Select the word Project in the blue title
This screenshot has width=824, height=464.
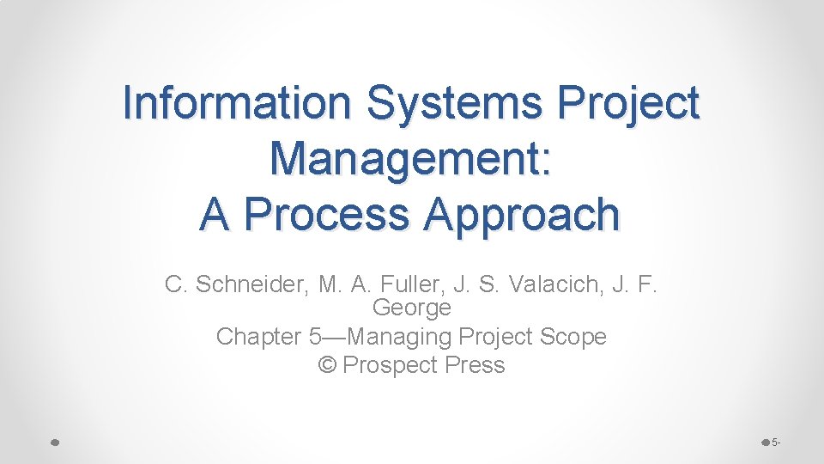tap(628, 104)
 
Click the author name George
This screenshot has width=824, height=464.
tap(411, 307)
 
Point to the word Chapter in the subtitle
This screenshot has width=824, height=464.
tap(257, 336)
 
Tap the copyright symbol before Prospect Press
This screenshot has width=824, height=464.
tap(326, 365)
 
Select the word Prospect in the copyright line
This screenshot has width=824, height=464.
tap(391, 365)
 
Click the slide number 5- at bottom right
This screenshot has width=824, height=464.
tap(776, 443)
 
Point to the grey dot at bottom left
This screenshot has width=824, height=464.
tap(54, 443)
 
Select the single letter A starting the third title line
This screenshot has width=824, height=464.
tap(215, 213)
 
